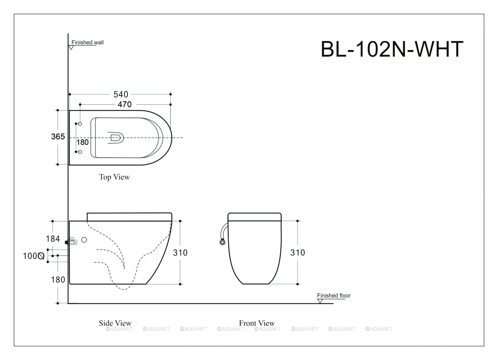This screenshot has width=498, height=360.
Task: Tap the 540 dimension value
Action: [x=121, y=94]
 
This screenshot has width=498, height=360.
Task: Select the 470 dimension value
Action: [x=125, y=104]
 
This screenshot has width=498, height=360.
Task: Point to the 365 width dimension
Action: [x=58, y=136]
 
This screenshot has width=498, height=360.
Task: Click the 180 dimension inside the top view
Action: [x=83, y=142]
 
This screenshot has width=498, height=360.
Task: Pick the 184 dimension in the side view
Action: [x=53, y=239]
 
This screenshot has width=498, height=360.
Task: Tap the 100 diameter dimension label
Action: [x=34, y=256]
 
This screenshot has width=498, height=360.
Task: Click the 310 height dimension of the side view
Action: [x=180, y=252]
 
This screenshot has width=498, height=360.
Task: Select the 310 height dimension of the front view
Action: [x=297, y=252]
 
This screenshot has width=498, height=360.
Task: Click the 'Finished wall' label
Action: [x=87, y=42]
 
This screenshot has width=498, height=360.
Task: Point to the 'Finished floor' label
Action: [x=333, y=296]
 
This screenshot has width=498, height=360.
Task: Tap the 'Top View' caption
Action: [x=114, y=177]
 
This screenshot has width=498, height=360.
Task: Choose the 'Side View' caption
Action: [x=115, y=323]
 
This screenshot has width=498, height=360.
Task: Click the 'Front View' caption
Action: [x=257, y=323]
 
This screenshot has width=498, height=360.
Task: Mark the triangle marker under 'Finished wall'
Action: [x=71, y=48]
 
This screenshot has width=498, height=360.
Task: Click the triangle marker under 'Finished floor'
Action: [x=320, y=301]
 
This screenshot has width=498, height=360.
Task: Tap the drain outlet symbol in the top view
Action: [x=116, y=138]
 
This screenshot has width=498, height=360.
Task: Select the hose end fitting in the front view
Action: [x=222, y=242]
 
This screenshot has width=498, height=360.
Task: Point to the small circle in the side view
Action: [x=84, y=240]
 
